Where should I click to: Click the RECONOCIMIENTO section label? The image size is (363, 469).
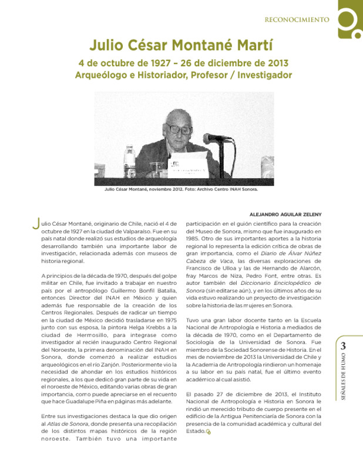(x=296, y=19)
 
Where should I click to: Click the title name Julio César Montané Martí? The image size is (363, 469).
(x=181, y=46)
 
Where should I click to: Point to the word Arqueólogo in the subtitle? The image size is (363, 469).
(x=103, y=76)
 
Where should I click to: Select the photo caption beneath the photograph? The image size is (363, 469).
(x=181, y=189)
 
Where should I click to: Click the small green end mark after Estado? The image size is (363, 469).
(x=208, y=433)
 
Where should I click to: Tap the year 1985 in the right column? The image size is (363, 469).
(x=195, y=239)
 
